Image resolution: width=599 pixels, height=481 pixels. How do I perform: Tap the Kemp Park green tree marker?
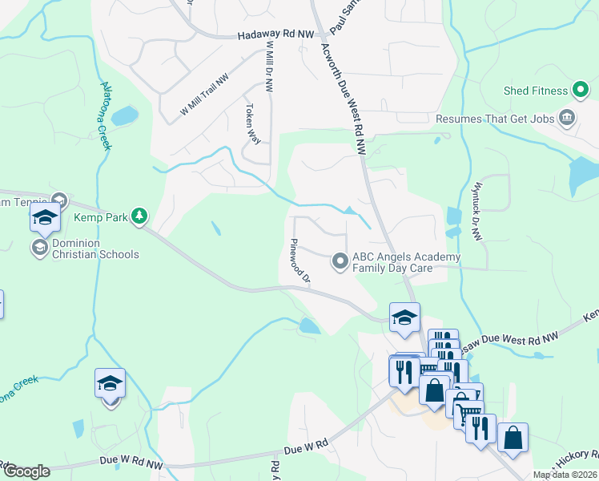[139, 216]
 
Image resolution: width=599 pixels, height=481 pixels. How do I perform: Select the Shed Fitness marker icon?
[581, 91]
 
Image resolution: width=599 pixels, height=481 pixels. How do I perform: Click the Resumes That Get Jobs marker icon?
[567, 118]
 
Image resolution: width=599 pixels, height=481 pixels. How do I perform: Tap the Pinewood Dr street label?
[299, 261]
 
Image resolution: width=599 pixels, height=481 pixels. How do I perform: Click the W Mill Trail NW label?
[203, 95]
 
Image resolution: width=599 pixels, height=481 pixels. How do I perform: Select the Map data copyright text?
[565, 475]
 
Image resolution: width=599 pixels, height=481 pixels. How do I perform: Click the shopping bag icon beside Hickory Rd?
[513, 438]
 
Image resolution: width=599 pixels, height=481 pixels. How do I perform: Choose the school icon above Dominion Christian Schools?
[46, 217]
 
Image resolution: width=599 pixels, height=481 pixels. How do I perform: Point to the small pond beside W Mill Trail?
[125, 116]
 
